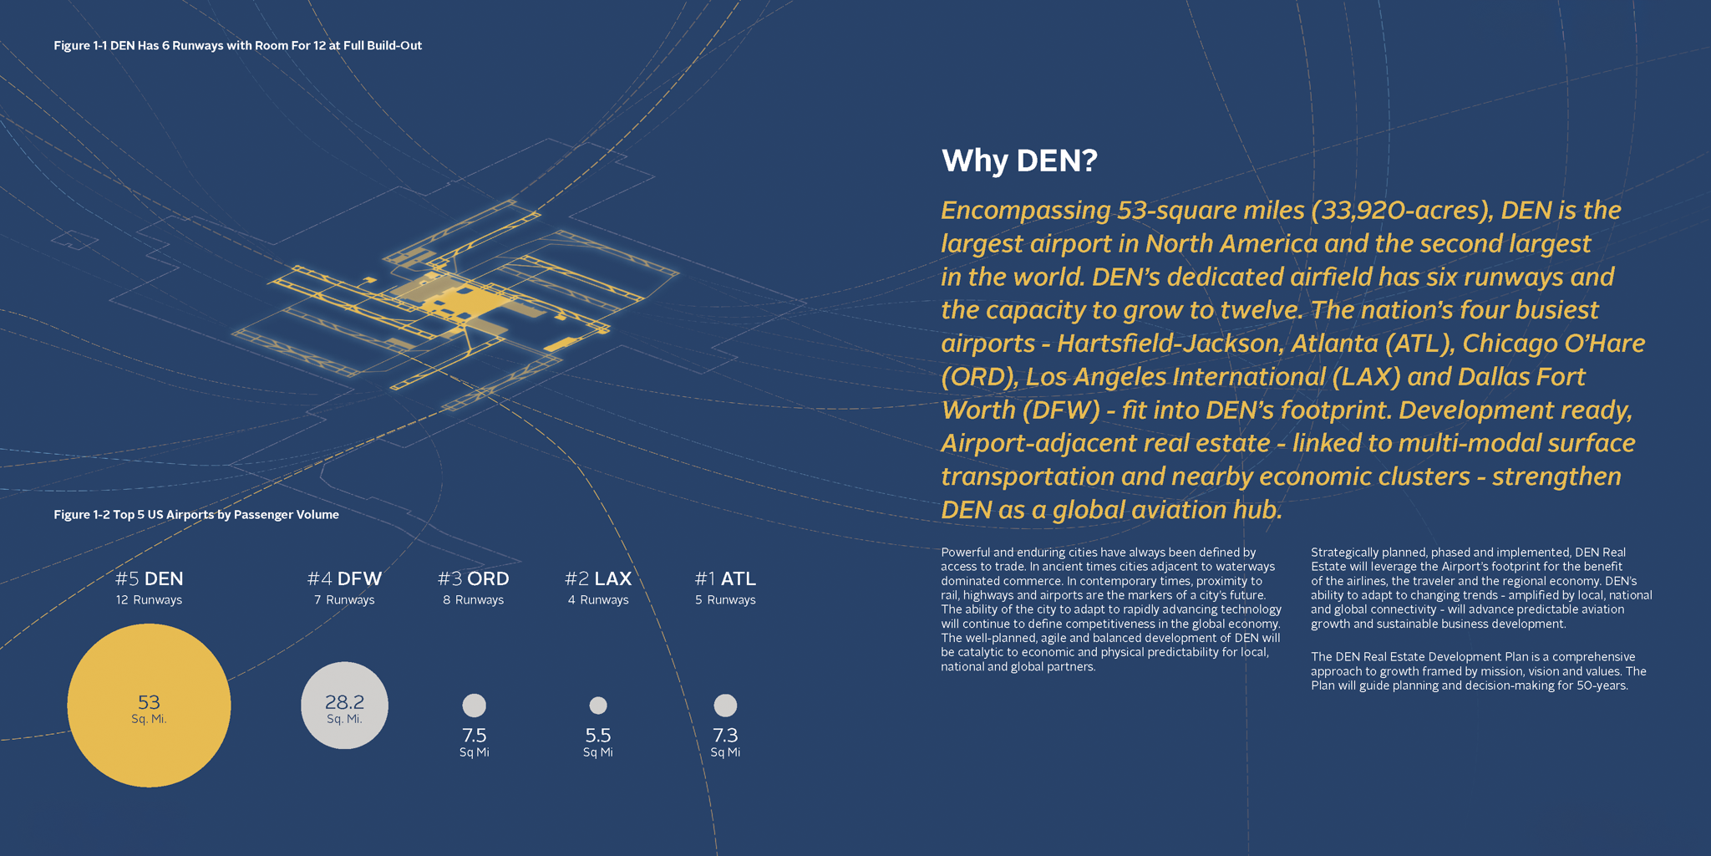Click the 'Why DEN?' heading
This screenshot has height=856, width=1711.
pyautogui.click(x=1018, y=160)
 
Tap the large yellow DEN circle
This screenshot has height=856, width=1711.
pyautogui.click(x=149, y=706)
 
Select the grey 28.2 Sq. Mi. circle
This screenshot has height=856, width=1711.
pyautogui.click(x=344, y=706)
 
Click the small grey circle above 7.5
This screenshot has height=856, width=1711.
pyautogui.click(x=474, y=706)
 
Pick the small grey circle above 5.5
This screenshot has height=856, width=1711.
pyautogui.click(x=598, y=706)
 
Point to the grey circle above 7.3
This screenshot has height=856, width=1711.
pyautogui.click(x=725, y=706)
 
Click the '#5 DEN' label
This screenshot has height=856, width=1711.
pyautogui.click(x=149, y=578)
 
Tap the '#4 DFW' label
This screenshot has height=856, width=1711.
pyautogui.click(x=344, y=578)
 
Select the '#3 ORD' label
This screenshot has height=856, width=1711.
pyautogui.click(x=473, y=578)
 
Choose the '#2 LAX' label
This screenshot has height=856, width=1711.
pyautogui.click(x=598, y=578)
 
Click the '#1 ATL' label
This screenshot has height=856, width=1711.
pyautogui.click(x=725, y=578)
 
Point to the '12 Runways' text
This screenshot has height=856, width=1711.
pyautogui.click(x=149, y=600)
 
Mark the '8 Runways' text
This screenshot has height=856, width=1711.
pyautogui.click(x=473, y=600)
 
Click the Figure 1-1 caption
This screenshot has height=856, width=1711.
pyautogui.click(x=237, y=45)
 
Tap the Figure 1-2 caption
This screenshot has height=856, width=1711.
pyautogui.click(x=196, y=514)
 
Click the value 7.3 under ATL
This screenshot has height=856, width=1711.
pyautogui.click(x=725, y=736)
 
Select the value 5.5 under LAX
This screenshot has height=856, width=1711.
pyautogui.click(x=598, y=736)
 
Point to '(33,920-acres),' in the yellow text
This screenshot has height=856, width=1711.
pyautogui.click(x=1403, y=211)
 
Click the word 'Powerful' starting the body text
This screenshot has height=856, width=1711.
pyautogui.click(x=966, y=553)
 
